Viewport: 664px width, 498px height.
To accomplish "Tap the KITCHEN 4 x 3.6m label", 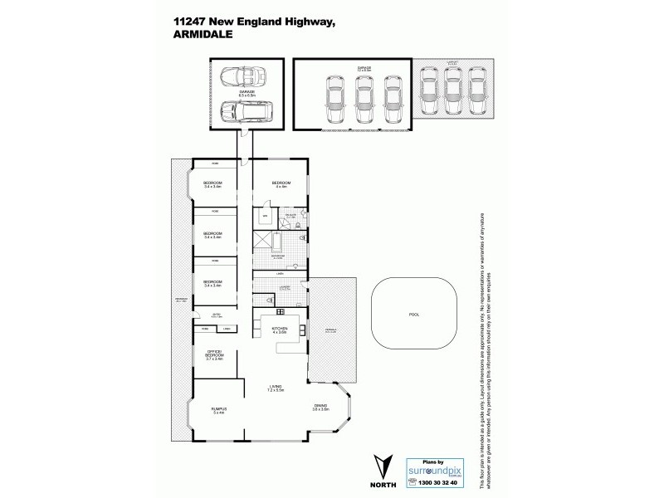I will (279, 330).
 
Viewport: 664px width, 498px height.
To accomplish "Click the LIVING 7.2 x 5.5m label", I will (276, 388).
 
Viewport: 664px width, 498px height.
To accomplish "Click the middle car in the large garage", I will (364, 100).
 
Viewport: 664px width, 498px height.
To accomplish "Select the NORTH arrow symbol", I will (384, 465).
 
